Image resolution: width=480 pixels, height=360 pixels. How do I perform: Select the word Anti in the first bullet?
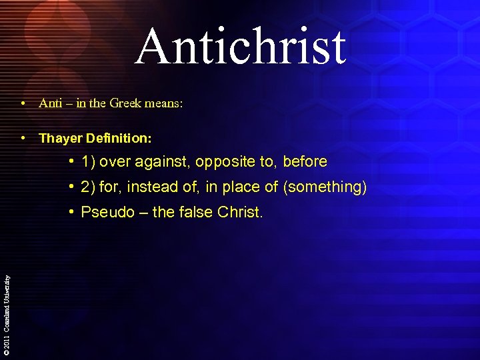49,103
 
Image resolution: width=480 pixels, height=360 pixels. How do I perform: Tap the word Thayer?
59,139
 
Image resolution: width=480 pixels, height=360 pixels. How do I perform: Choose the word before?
305,162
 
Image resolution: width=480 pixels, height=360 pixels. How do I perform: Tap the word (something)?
325,187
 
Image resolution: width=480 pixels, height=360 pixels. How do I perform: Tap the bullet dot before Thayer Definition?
23,138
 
